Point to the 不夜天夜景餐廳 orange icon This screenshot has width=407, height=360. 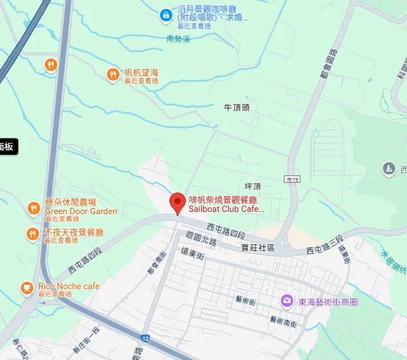tap(34, 234)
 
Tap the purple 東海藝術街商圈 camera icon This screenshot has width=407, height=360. tap(287, 300)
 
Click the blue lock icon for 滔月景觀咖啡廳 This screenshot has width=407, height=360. tap(165, 14)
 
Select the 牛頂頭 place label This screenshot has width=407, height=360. tap(237, 107)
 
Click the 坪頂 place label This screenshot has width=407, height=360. tap(252, 186)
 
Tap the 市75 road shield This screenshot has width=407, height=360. tap(292, 179)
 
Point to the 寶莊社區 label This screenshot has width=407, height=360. tap(258, 248)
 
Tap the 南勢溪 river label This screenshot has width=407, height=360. tap(178, 39)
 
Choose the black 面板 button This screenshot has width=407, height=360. tap(8, 146)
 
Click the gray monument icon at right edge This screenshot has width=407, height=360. tap(389, 168)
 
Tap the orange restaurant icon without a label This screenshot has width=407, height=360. tap(51, 65)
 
